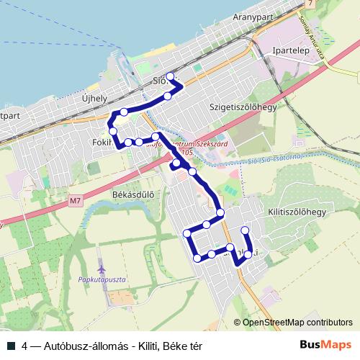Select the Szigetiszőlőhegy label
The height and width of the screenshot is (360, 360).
click(243, 107)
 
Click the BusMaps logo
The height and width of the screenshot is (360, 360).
click(326, 345)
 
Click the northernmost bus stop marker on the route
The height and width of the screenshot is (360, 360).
click(171, 76)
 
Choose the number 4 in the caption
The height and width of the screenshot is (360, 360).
click(25, 346)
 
